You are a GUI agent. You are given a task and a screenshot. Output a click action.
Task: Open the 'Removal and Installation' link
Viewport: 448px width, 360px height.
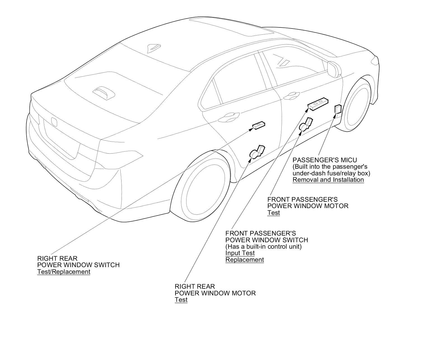coord(328,180)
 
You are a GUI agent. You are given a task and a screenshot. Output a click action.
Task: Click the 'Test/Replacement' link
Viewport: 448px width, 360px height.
coord(64,272)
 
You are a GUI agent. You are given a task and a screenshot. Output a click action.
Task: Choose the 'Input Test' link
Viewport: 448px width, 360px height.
coord(240,253)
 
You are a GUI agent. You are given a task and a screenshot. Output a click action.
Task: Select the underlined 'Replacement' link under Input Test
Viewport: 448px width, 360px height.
coord(245,260)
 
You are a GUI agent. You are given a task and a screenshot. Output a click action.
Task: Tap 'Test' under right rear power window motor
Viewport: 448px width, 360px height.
coord(181,300)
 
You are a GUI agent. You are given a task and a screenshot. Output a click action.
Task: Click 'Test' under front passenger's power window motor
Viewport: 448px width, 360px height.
coord(274,213)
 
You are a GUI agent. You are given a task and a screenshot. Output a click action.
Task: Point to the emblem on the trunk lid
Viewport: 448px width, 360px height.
coord(54,121)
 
